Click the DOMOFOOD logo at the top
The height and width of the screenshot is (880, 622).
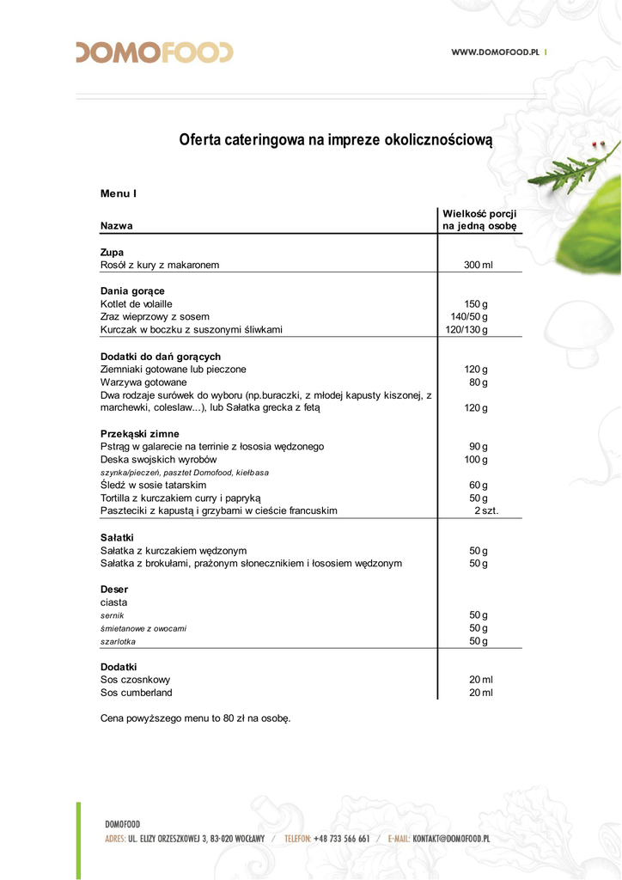click(155, 52)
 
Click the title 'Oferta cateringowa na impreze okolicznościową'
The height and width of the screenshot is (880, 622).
click(336, 139)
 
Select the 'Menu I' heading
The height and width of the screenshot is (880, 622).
click(119, 193)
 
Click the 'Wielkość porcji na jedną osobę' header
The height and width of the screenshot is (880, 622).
click(479, 219)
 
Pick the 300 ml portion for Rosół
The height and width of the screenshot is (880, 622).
click(479, 265)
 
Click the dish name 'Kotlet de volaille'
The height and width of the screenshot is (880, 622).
click(137, 304)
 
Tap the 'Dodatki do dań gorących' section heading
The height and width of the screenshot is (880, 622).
click(161, 356)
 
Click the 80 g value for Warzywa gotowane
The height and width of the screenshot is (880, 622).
click(479, 382)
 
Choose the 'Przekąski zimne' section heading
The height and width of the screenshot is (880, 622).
click(140, 434)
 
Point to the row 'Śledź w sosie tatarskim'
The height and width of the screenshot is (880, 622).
click(153, 486)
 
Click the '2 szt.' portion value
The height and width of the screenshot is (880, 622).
click(486, 510)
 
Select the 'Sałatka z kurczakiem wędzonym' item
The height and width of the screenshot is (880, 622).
click(174, 551)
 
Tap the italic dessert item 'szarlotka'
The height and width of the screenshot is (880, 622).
click(118, 642)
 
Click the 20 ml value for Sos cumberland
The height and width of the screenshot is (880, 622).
click(481, 693)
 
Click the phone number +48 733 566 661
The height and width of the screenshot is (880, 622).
click(341, 839)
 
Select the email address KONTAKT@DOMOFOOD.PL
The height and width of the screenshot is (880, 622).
click(451, 839)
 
